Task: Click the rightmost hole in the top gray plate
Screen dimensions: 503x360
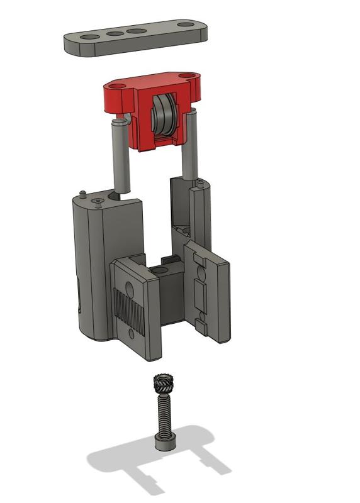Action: tap(186, 25)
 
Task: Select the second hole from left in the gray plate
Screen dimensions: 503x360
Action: tap(115, 34)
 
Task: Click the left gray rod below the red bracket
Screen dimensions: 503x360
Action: tap(121, 154)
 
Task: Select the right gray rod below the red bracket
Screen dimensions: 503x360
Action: tap(190, 145)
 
